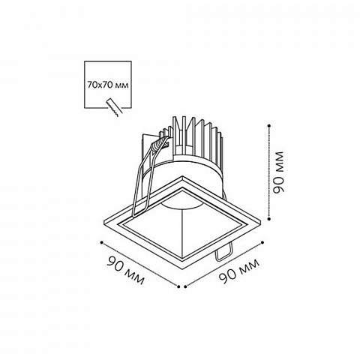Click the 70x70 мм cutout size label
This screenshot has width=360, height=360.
coord(108,85)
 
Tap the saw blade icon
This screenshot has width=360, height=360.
coord(114,107)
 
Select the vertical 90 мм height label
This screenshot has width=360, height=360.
coord(278,172)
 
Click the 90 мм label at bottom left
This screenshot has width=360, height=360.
coord(126,270)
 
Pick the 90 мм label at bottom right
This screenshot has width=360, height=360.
coord(239,271)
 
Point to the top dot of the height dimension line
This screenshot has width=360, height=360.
coord(268,126)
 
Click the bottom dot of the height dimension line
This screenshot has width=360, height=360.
coord(268,219)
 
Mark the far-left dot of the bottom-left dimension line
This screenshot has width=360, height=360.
coord(101,242)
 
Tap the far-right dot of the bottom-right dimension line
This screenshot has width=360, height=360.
coord(262,242)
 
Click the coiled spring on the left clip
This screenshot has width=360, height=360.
coord(158,145)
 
